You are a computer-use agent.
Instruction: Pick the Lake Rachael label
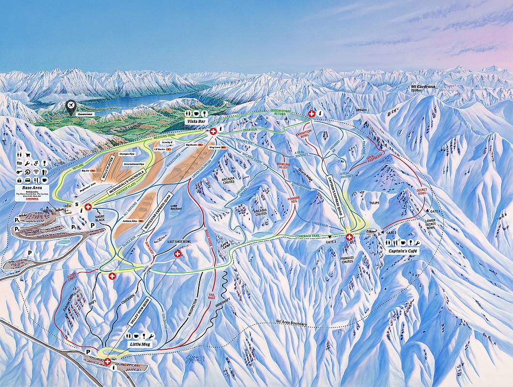[x=176, y=207]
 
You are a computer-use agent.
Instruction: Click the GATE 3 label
[x=331, y=241]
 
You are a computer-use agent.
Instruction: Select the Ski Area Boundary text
[x=292, y=323]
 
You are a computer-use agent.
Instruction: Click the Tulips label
[x=373, y=203]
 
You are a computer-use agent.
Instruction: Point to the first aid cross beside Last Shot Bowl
[x=177, y=254]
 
